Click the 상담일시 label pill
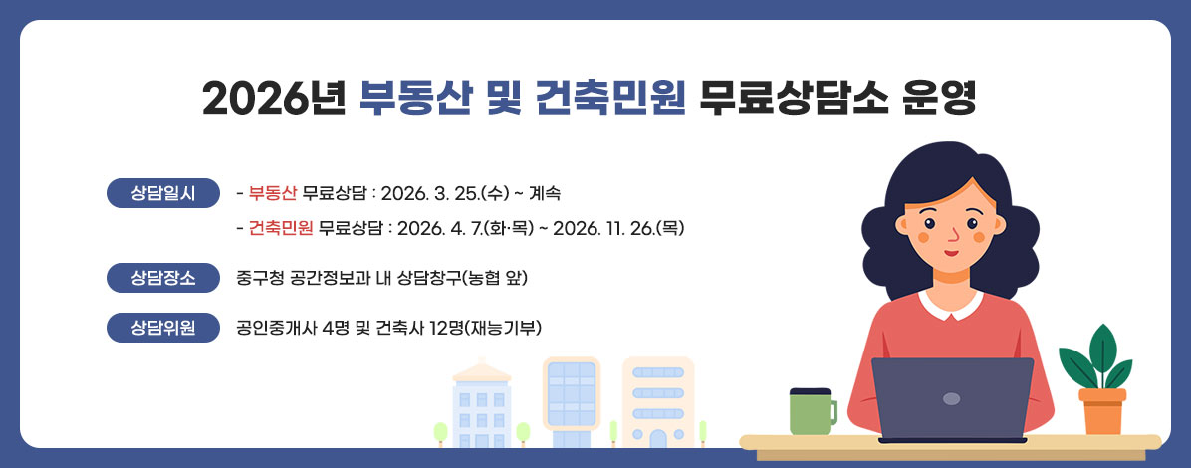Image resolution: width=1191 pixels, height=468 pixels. tap(162, 192)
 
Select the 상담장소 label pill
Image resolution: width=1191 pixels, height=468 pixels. tap(162, 277)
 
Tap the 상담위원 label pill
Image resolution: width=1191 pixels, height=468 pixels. tap(162, 327)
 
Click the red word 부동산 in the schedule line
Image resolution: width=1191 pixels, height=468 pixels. tap(273, 192)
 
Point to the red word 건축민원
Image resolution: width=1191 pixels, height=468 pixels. tap(282, 228)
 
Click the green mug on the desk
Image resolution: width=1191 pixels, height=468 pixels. tap(811, 411)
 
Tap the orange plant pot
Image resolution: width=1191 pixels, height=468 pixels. tap(1102, 411)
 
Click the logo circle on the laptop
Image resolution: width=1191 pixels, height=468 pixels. tap(951, 398)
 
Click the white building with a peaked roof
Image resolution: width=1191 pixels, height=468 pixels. tap(481, 408)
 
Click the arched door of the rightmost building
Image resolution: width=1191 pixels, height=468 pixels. tap(657, 438)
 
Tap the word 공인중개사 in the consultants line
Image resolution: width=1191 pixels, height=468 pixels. tap(271, 327)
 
